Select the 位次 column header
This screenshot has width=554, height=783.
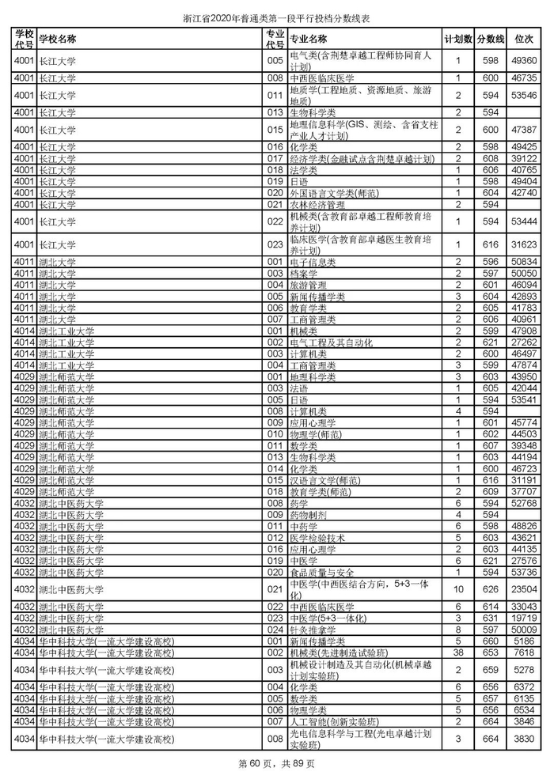click(x=524, y=39)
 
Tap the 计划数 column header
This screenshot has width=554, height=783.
click(x=458, y=39)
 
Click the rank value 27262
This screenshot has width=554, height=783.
click(x=525, y=342)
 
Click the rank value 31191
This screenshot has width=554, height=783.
click(x=525, y=479)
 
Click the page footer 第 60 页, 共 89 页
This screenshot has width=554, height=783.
click(x=277, y=763)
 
